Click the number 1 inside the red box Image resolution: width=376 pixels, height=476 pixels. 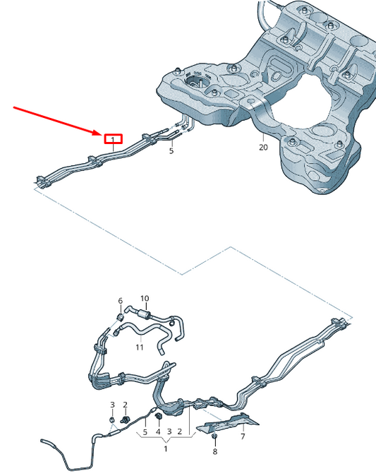[x=114, y=140]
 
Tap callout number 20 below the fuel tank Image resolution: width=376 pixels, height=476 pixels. [x=263, y=148]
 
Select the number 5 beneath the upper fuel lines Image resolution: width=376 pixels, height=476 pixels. [x=171, y=150]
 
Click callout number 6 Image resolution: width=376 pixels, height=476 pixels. [x=120, y=301]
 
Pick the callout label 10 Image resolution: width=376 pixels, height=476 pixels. [x=145, y=299]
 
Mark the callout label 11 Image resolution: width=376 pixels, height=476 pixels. [x=140, y=347]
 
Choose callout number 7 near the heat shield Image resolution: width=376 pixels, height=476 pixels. [x=242, y=438]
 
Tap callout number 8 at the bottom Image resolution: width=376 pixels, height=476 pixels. [x=215, y=451]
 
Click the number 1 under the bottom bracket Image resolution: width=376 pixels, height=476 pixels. [x=166, y=448]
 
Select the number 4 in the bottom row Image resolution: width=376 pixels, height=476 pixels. [x=158, y=432]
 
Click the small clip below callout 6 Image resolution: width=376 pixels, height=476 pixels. [x=121, y=316]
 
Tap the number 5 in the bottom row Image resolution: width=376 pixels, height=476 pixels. [x=145, y=432]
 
